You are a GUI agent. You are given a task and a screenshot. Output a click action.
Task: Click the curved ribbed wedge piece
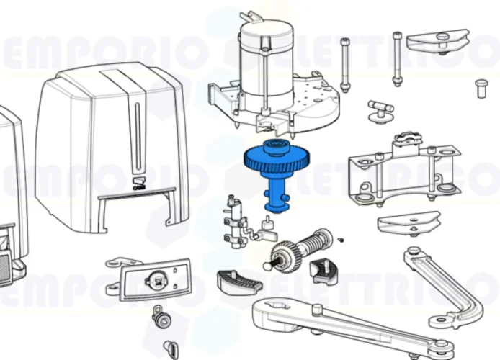coord(236,282)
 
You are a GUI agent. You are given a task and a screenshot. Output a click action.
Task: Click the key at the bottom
coord(171,348)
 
